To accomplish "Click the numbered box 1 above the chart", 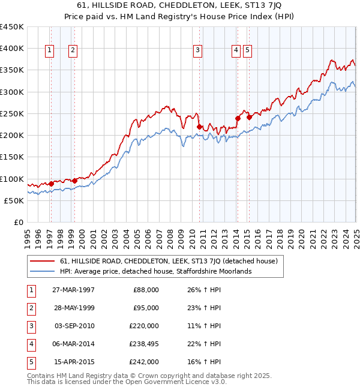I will (49, 51).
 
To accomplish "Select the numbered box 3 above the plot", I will (197, 51).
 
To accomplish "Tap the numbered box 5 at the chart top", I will (247, 51).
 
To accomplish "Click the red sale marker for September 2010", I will (199, 126).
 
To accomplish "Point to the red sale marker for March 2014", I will (238, 118).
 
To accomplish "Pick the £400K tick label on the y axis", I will (13, 49).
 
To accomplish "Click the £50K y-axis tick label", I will (14, 201).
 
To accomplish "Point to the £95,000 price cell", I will (146, 308).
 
